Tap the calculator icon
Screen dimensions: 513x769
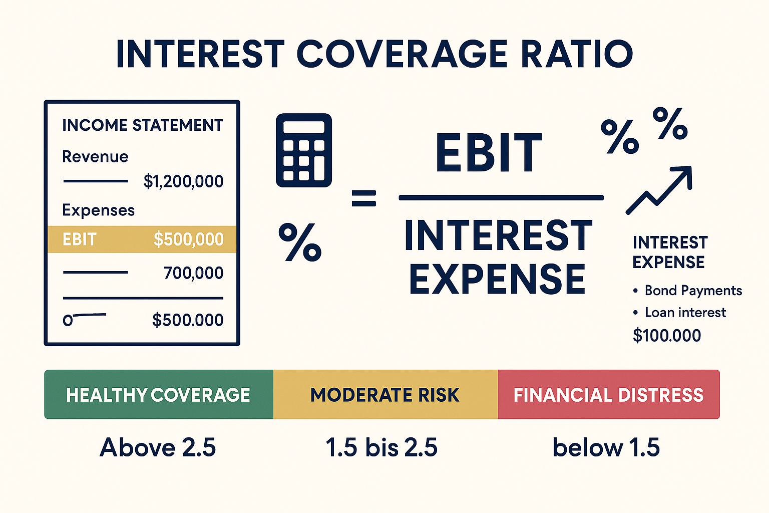(304, 150)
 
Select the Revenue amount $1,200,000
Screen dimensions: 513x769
(183, 181)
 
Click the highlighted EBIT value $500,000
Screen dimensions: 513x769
(188, 239)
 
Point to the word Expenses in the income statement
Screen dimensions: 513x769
(98, 210)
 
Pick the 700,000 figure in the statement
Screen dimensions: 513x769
(193, 273)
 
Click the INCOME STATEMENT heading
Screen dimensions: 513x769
(142, 125)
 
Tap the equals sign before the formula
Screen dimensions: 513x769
(363, 198)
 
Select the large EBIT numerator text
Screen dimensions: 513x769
(488, 153)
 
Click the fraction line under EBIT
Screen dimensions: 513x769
(501, 198)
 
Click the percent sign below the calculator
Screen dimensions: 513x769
(299, 242)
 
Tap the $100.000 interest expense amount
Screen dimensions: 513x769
(666, 335)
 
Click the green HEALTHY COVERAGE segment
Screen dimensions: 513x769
(158, 395)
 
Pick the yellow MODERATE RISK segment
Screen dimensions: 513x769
(384, 395)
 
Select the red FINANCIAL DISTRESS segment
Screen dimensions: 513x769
(608, 395)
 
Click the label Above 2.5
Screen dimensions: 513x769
(158, 447)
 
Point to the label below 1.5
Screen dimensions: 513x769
(606, 447)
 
